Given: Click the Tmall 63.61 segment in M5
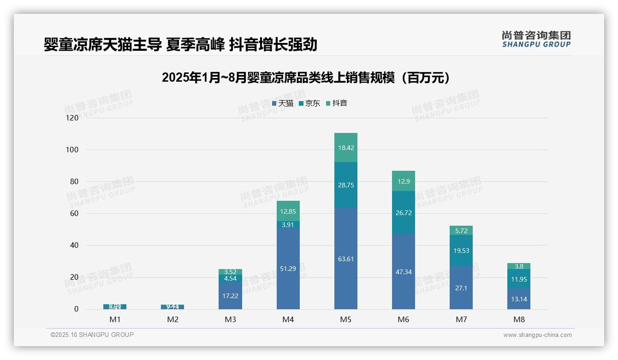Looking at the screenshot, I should tap(345, 258).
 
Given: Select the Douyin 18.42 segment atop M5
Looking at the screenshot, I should tap(345, 148).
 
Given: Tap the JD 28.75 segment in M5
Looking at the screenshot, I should tap(345, 185).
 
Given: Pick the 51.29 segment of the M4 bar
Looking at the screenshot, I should tap(288, 268).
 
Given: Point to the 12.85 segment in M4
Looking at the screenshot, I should tap(288, 211).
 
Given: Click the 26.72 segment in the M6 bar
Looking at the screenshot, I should tap(403, 212).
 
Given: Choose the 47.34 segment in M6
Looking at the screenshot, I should tap(403, 271).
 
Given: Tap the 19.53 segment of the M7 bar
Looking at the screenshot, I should tap(461, 251).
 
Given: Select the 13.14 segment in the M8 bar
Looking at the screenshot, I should tap(519, 299).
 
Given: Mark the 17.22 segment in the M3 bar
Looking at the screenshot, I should tap(230, 295).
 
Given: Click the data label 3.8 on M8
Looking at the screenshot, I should tap(519, 266).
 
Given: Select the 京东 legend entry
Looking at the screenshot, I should tap(309, 103).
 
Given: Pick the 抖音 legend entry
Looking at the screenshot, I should tap(337, 103).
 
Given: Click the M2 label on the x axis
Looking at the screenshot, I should tap(172, 319).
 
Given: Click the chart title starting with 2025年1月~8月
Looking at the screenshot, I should tap(306, 78).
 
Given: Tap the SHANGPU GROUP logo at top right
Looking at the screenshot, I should tap(536, 39).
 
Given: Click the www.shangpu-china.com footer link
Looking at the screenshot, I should tap(537, 335).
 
